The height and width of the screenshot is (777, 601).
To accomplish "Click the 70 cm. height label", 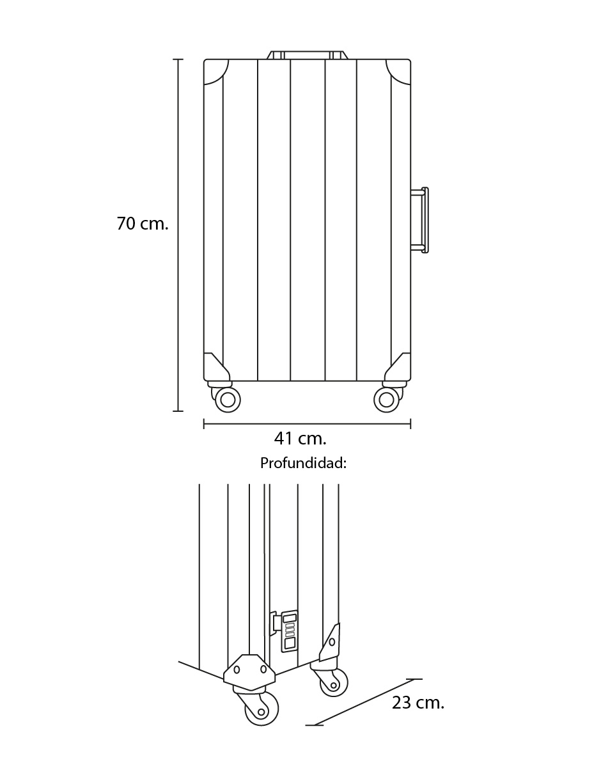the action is coord(142,224).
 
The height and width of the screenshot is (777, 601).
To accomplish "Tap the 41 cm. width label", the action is coord(300,439).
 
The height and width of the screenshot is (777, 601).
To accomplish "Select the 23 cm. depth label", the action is coord(418,703).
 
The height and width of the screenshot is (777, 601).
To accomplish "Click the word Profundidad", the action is coord(302,463).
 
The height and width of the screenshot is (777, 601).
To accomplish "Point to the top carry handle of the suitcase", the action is coord(308,55).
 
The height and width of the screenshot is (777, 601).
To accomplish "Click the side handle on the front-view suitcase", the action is coord(420,220).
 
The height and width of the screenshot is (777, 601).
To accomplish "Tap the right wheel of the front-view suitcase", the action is coord(386,400).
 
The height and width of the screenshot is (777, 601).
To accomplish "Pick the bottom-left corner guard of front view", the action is coord(216,367).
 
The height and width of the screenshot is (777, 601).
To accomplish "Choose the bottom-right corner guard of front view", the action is coord(398,367).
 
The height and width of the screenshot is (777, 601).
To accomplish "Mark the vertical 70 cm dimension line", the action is coord(178,235).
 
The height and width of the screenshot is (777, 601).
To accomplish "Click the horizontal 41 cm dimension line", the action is coord(308,424).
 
